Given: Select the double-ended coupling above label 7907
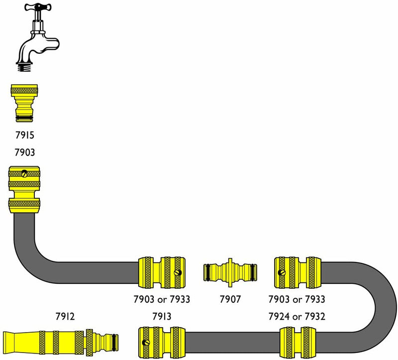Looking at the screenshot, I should tap(230, 272).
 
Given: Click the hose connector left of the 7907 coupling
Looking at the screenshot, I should tap(163, 272).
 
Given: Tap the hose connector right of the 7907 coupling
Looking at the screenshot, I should tap(298, 272).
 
